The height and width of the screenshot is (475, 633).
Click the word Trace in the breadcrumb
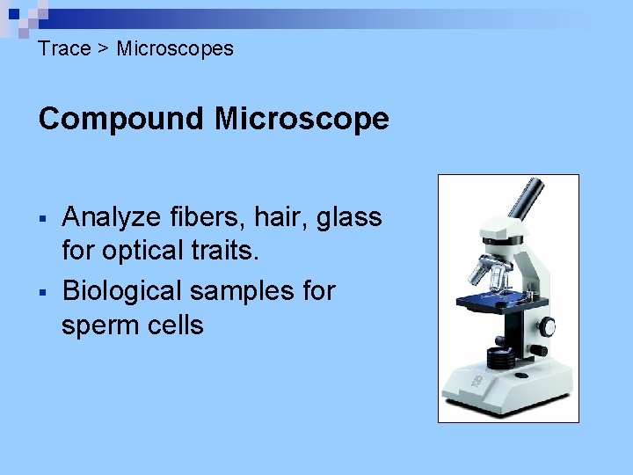pyautogui.click(x=64, y=48)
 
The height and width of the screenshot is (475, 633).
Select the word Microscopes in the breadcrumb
pyautogui.click(x=175, y=48)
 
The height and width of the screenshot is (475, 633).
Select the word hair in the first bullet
pyautogui.click(x=266, y=216)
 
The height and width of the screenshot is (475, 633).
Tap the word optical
pyautogui.click(x=138, y=252)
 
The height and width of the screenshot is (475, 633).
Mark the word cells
pyautogui.click(x=177, y=325)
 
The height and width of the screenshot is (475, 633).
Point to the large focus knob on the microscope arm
pyautogui.click(x=548, y=326)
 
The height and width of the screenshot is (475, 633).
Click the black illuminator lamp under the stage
pyautogui.click(x=498, y=358)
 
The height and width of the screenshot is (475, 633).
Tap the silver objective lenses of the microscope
pyautogui.click(x=493, y=276)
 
